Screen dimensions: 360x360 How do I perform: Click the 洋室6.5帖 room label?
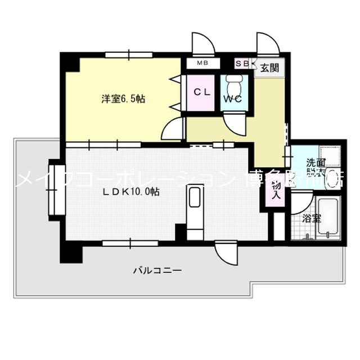[x=123, y=99]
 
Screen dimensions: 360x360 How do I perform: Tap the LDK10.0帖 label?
[x=131, y=191]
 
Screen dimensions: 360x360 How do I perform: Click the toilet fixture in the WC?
[x=232, y=84]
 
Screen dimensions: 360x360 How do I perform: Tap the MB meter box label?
[x=202, y=64]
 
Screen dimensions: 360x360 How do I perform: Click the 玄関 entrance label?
[x=268, y=68]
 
